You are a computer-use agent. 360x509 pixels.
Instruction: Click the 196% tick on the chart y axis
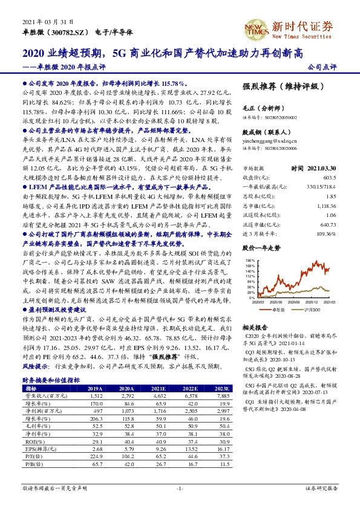click(x=250, y=244)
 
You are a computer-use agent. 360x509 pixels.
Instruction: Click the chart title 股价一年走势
click(x=262, y=231)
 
